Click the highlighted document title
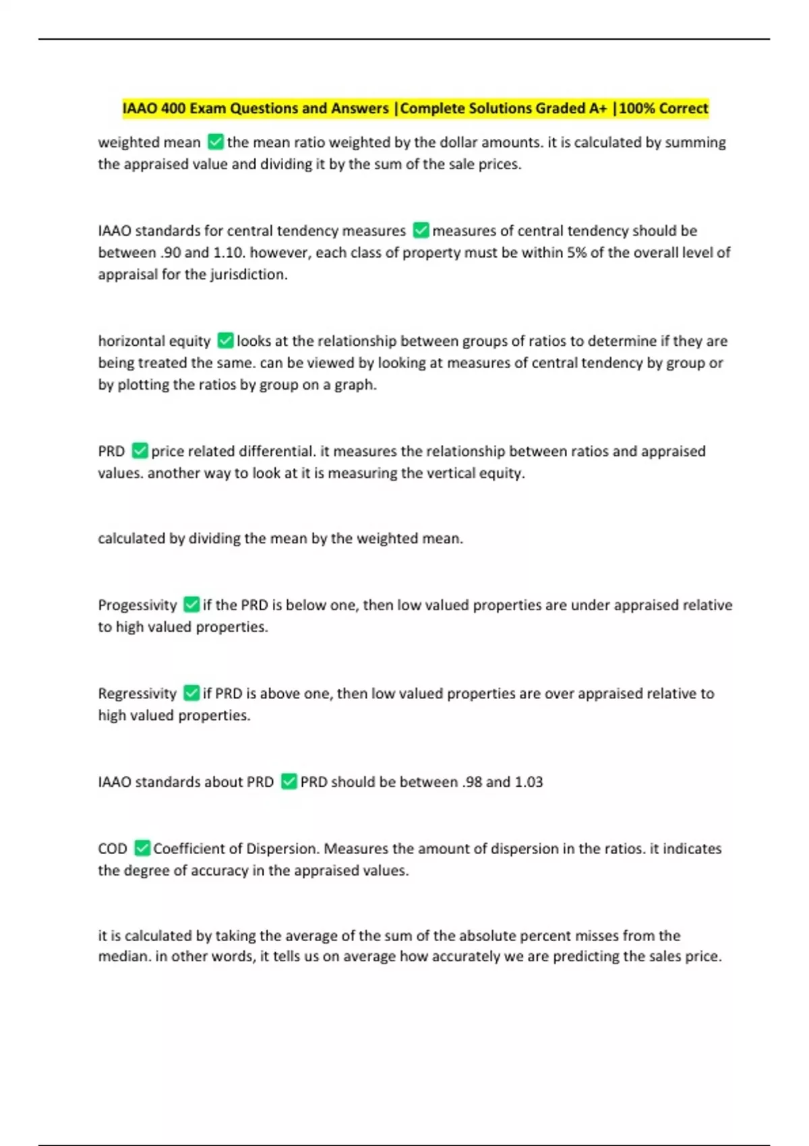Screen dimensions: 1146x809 point(415,109)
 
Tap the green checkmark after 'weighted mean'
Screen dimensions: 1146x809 point(216,142)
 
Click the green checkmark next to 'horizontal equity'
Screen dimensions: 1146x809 point(226,341)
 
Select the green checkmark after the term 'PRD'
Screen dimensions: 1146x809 point(140,451)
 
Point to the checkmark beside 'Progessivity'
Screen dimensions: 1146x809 point(191,605)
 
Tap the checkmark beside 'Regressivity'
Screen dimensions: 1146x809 point(191,693)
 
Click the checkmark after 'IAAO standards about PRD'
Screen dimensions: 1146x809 point(289,782)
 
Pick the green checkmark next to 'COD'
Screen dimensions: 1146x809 point(142,848)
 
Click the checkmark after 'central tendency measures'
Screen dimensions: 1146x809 point(421,231)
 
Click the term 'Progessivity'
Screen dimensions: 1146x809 point(137,605)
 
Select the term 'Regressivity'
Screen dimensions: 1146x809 point(137,694)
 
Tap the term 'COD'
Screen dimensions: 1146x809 point(112,849)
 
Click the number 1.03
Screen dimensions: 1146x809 point(529,782)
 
